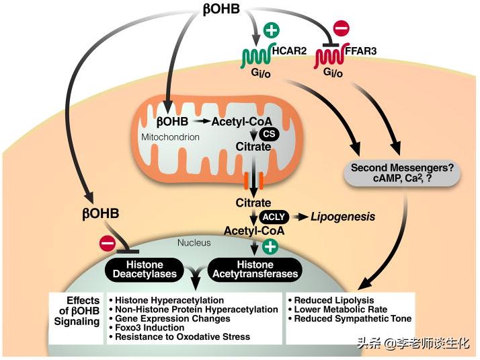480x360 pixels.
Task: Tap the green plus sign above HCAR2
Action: pyautogui.click(x=272, y=31)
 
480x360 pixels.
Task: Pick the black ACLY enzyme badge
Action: pyautogui.click(x=275, y=217)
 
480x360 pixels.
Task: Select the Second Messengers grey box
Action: pyautogui.click(x=401, y=171)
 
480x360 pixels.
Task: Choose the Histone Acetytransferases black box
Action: pyautogui.click(x=254, y=268)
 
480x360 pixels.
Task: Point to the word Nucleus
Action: pyautogui.click(x=194, y=242)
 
